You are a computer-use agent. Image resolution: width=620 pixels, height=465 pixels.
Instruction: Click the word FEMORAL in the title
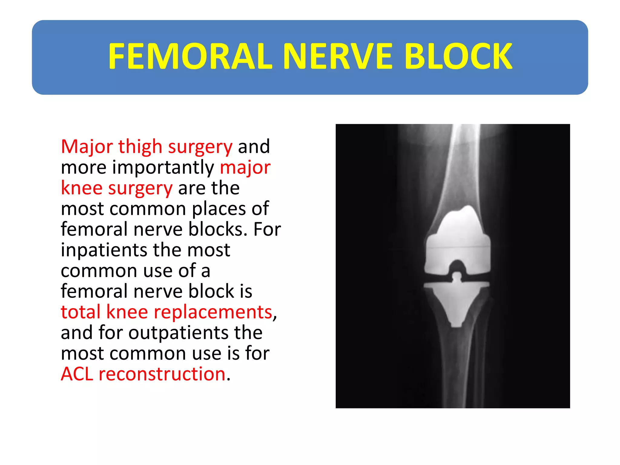point(190,57)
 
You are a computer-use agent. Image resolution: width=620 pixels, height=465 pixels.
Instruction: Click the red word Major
point(87,147)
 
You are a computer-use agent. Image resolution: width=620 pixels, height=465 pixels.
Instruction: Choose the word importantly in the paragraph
point(163,167)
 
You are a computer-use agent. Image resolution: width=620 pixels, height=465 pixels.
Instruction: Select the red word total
point(81,312)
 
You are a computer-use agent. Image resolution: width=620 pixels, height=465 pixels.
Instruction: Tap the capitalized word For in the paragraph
point(267,229)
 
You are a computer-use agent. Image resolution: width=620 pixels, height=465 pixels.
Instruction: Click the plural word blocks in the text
point(216,229)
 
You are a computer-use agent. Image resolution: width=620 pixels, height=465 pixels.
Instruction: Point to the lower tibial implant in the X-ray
point(457,303)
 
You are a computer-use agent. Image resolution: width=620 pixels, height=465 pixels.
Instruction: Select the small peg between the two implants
point(457,277)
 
